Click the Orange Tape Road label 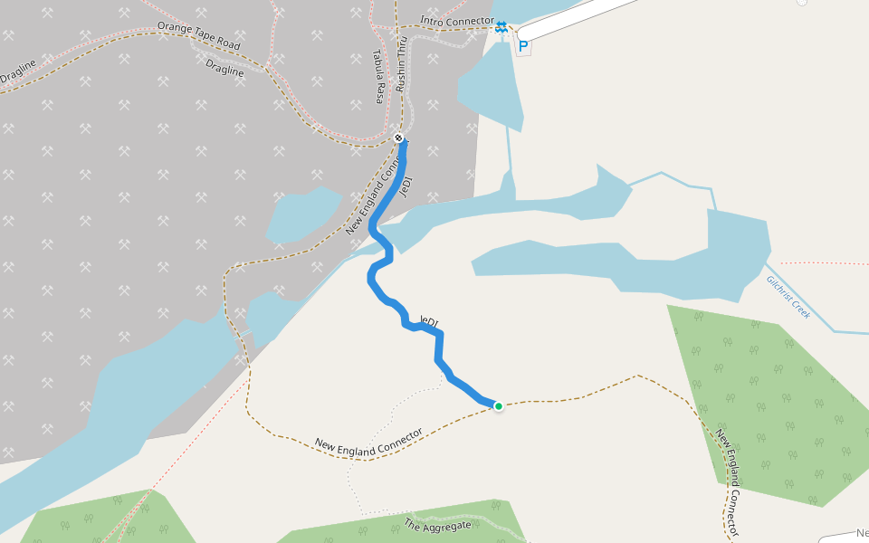197,35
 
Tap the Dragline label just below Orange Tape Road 224,69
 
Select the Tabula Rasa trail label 380,76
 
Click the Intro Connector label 457,21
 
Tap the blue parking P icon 523,45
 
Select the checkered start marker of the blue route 399,138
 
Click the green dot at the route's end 498,405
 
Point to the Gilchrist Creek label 788,296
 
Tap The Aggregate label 437,525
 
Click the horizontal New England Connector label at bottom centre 368,441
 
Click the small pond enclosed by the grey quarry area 302,214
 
